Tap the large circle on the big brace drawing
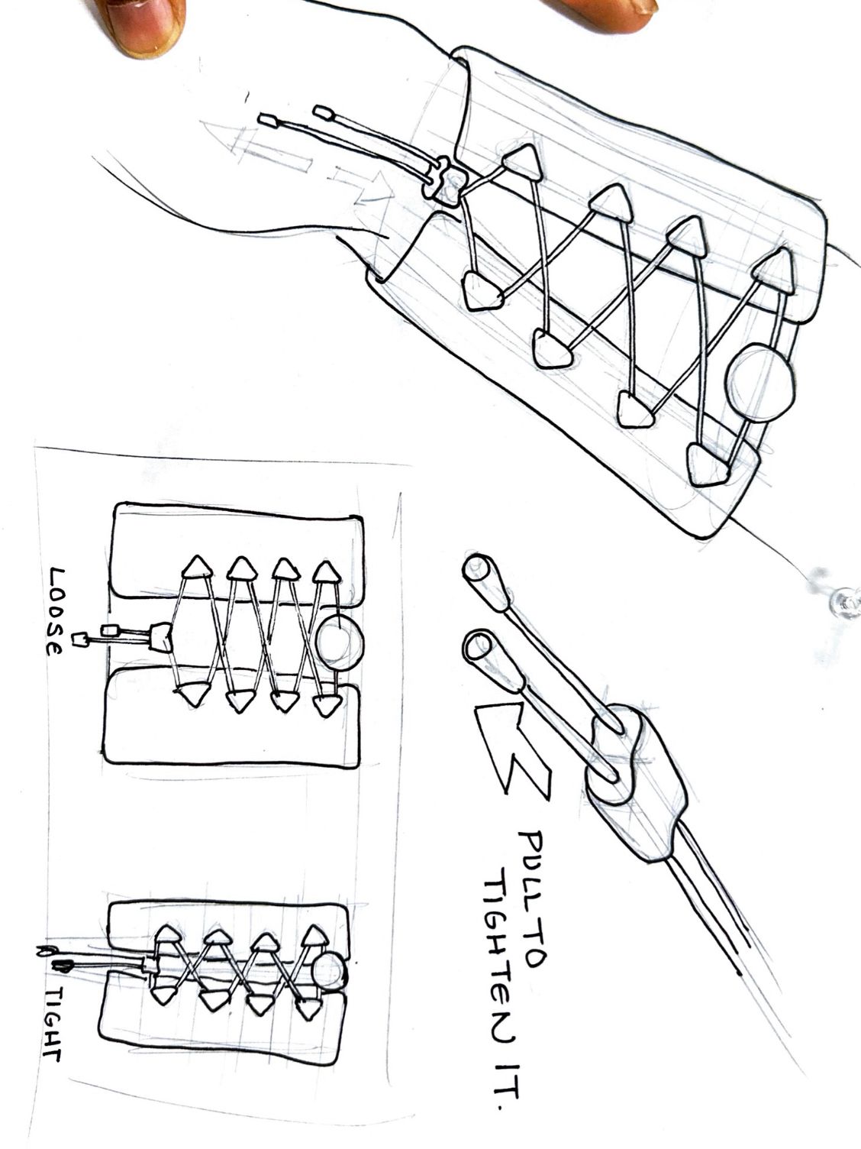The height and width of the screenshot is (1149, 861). tap(761, 382)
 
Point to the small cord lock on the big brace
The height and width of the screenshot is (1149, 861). tap(442, 183)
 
